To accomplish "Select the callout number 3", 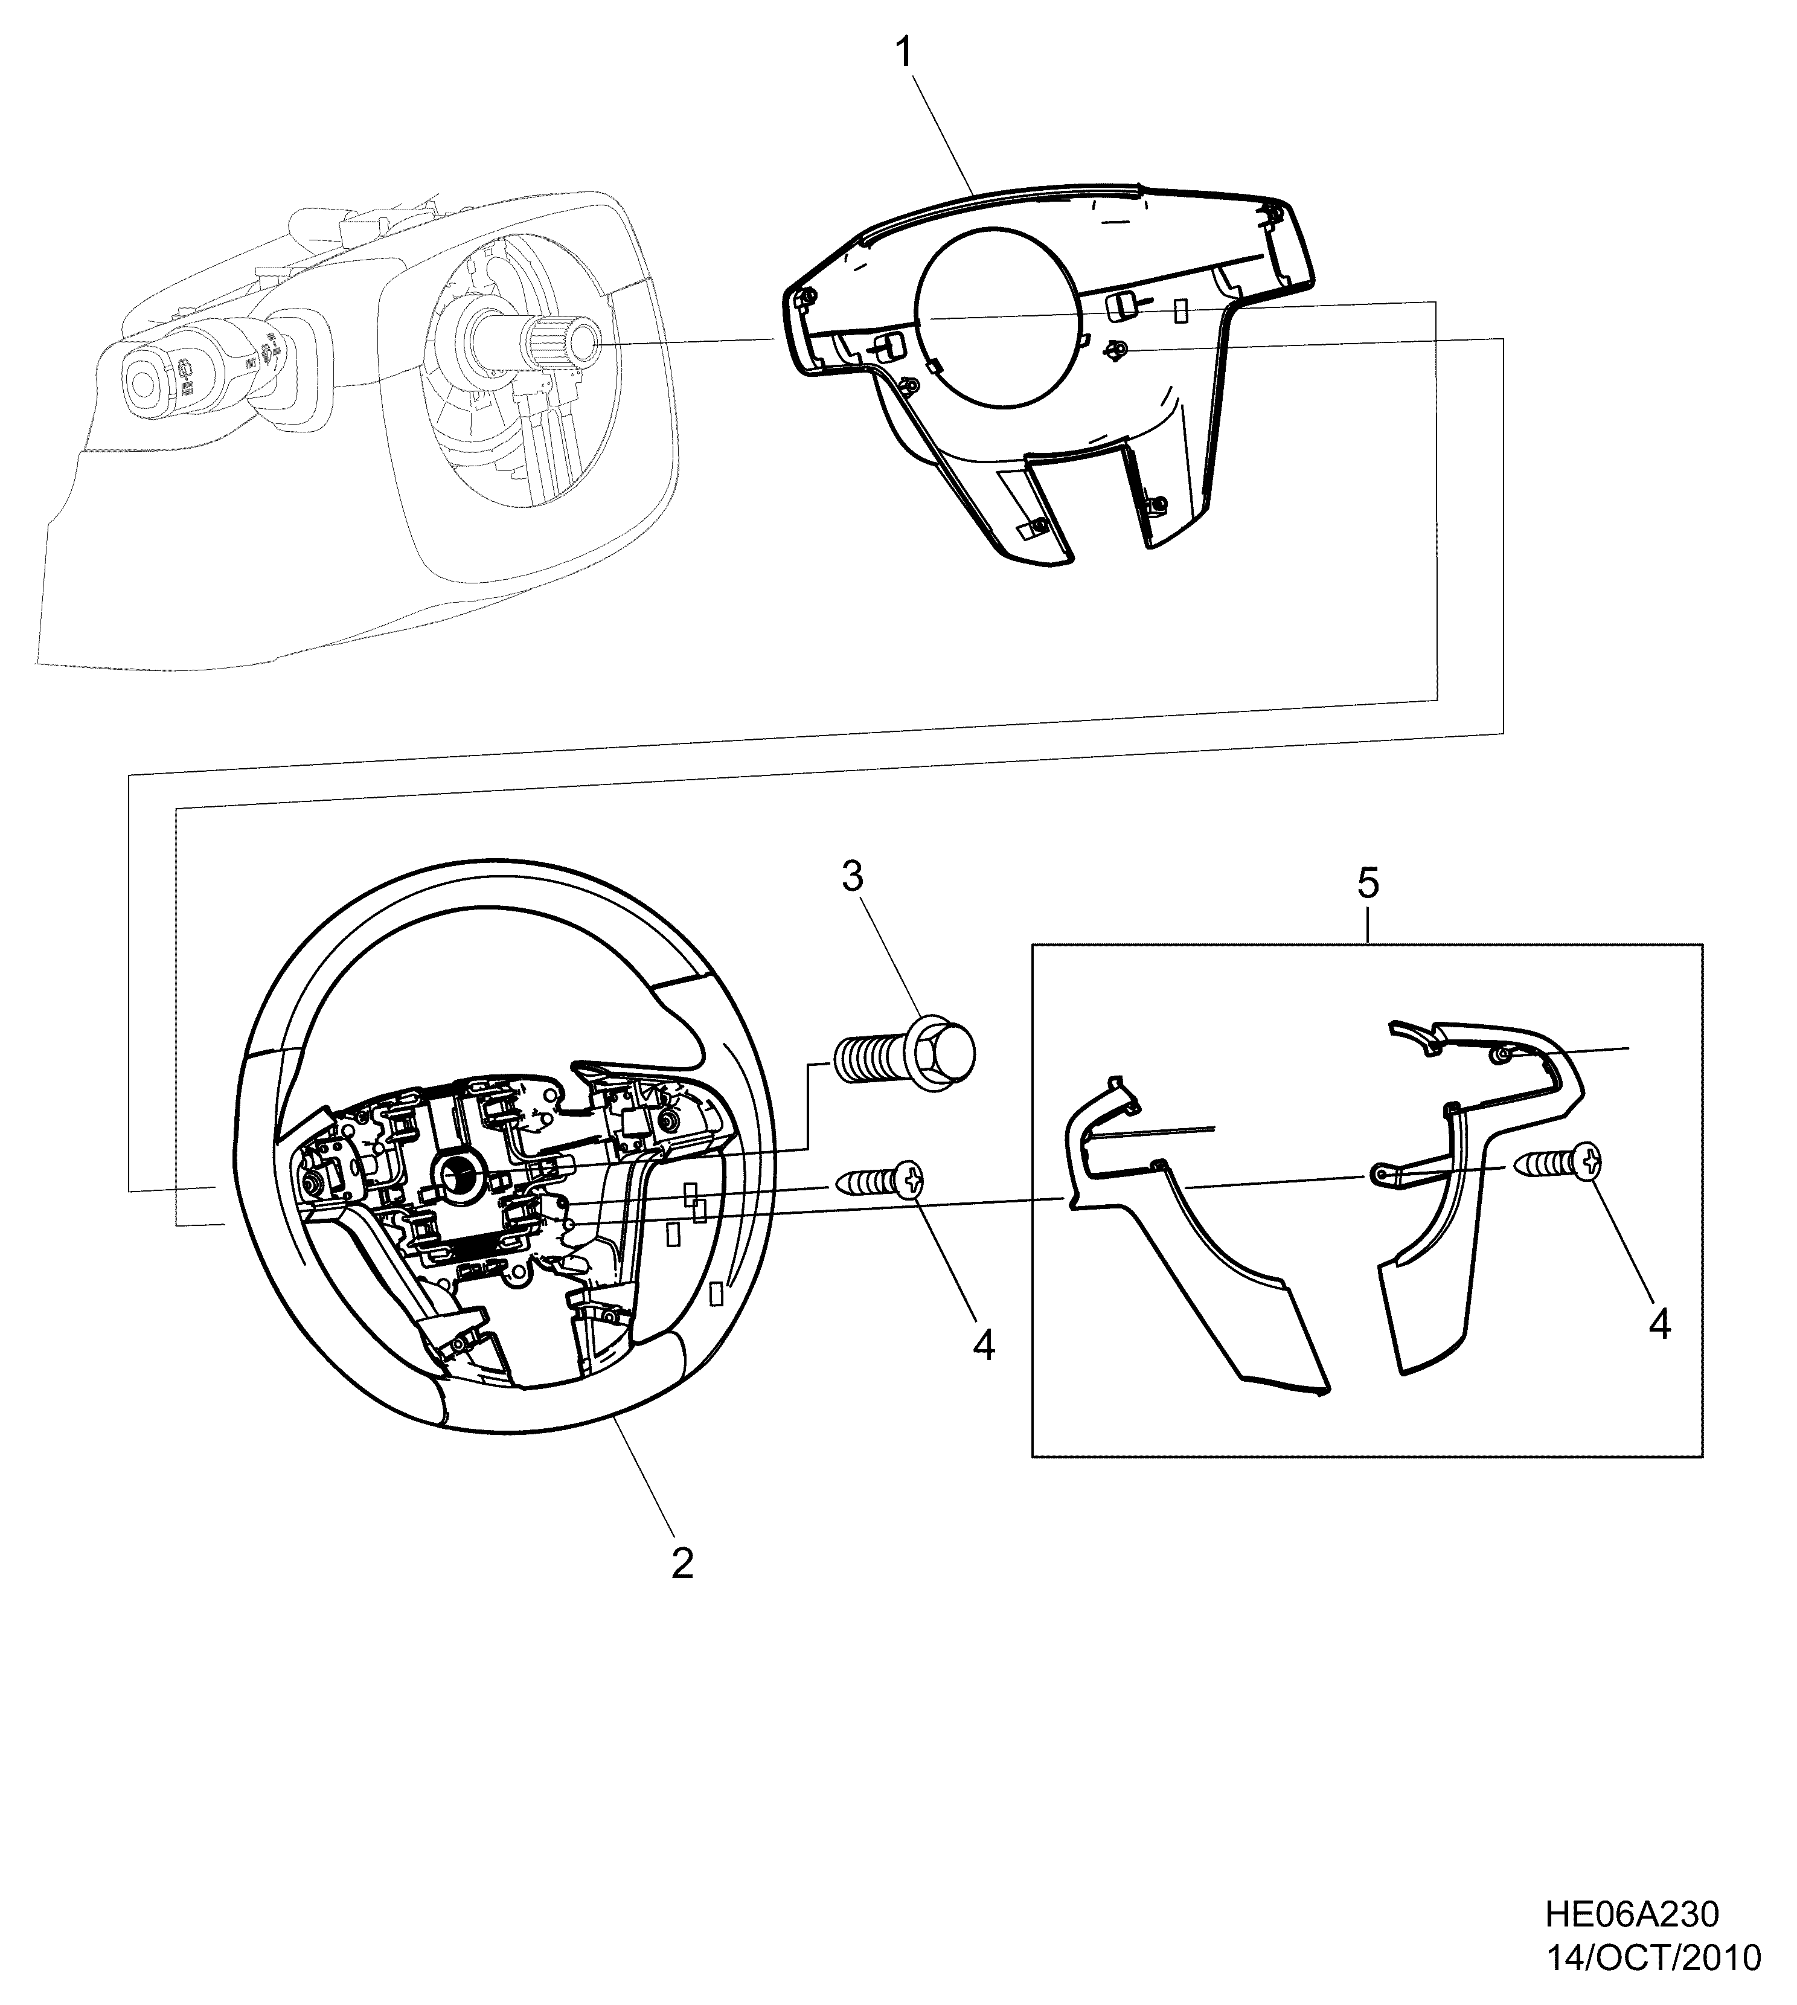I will click(x=852, y=877).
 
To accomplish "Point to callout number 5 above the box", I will click(x=1368, y=883).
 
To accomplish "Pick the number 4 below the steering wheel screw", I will click(x=984, y=1346).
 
